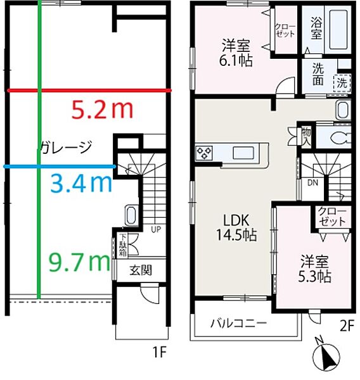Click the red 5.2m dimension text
point(103,110)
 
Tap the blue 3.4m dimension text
point(80,184)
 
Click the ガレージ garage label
point(66,148)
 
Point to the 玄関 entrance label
point(141,270)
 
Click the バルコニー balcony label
point(238,322)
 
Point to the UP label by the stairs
point(155,229)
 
